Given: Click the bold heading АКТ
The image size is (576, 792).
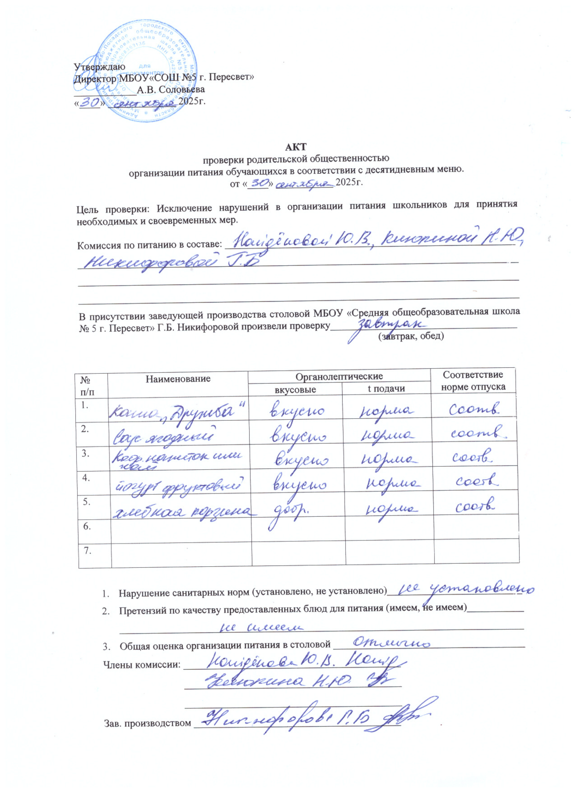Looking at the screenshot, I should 296,147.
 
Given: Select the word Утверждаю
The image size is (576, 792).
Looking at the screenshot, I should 99,66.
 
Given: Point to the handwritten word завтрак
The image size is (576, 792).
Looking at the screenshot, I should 391,324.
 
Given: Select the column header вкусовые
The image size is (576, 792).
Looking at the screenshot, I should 295,390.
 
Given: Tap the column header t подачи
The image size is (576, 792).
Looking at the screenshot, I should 386,389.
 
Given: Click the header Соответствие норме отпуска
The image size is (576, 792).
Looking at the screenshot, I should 473,381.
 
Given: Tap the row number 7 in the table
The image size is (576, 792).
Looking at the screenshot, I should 87,550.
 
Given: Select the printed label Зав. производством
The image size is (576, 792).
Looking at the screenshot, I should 147,723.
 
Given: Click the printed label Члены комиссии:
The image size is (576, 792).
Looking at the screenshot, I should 141,665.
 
